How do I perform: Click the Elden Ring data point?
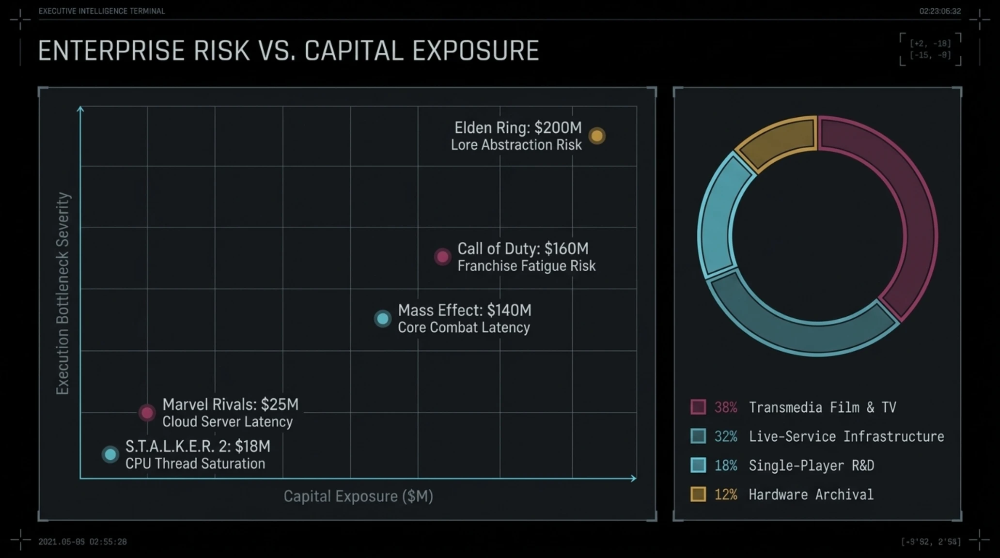[x=597, y=136]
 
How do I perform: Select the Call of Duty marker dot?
[x=442, y=257]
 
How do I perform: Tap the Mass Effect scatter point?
[x=383, y=319]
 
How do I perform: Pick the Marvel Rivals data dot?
[x=147, y=413]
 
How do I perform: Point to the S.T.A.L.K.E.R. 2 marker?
[x=110, y=454]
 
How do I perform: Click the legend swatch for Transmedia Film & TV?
[x=698, y=407]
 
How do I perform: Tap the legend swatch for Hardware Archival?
[x=698, y=494]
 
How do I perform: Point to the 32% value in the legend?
[x=726, y=436]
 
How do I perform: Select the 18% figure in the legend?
[x=726, y=465]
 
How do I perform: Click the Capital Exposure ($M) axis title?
[x=359, y=496]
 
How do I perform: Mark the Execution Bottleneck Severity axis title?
[x=63, y=294]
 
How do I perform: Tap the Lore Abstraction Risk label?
[x=516, y=145]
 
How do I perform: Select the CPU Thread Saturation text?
[x=195, y=464]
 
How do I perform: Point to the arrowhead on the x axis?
[x=634, y=479]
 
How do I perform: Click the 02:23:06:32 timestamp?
[x=940, y=11]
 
